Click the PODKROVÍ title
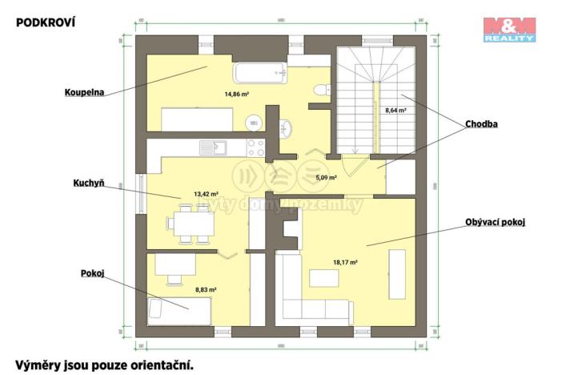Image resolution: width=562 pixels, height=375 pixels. (46, 22)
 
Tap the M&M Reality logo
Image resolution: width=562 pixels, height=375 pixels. (508, 28)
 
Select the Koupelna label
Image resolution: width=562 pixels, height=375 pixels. (81, 91)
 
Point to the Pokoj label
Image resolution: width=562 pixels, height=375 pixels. (92, 273)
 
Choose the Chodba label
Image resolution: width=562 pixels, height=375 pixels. (481, 124)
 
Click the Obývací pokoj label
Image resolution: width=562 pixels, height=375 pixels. (494, 222)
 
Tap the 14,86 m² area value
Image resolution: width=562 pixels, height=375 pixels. (236, 94)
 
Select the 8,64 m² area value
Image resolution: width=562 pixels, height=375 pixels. (395, 111)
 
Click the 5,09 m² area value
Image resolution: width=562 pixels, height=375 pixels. (325, 178)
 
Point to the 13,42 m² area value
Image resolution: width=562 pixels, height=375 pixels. (184, 193)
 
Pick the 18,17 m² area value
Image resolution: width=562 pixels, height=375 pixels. (344, 261)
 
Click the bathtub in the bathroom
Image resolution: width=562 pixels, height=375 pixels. (260, 73)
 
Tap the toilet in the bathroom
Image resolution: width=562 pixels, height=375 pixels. (319, 91)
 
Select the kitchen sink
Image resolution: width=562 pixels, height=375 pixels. (213, 147)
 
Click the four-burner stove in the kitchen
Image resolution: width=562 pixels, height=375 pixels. (255, 147)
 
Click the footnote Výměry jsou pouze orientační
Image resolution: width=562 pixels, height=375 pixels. (105, 364)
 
